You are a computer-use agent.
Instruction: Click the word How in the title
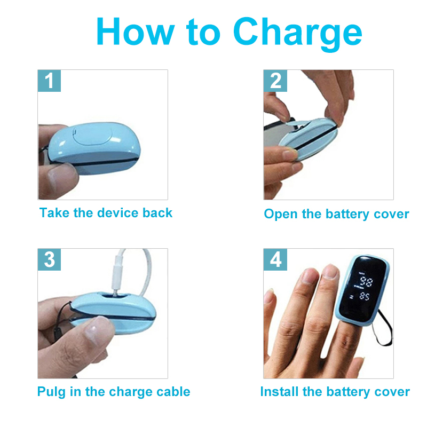[136, 31]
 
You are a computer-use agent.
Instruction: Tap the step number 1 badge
[49, 81]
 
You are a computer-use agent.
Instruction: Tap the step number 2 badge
[275, 81]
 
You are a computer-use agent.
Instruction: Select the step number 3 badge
[49, 259]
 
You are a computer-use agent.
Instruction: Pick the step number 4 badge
[275, 259]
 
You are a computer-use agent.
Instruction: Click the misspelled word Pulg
[51, 392]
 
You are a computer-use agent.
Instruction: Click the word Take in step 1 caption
[54, 212]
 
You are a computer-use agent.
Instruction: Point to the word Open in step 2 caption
[281, 215]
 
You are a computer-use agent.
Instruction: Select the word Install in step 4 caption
[279, 392]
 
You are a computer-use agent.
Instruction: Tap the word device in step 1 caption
[118, 212]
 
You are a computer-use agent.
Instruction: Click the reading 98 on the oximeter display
[366, 281]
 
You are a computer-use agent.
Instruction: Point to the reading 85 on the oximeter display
[365, 296]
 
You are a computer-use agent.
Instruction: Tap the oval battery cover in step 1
[92, 136]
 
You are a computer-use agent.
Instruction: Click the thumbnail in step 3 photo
[95, 329]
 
